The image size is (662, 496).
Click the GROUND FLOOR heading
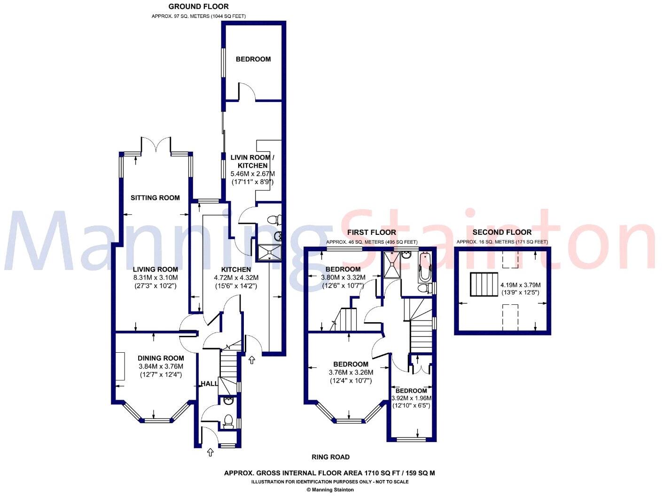198,7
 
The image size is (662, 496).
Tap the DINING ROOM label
161,358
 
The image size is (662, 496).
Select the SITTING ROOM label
155,198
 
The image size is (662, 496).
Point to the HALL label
209,384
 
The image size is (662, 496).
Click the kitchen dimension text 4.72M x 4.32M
236,278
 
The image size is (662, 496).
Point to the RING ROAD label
330,457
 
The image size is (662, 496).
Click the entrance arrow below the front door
210,452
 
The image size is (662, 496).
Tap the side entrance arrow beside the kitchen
252,360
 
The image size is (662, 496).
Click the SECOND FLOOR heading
502,232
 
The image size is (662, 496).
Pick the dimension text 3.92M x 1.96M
411,398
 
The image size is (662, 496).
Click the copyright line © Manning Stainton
330,489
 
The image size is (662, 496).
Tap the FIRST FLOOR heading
371,232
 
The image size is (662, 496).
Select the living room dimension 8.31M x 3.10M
155,278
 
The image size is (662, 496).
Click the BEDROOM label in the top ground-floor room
253,59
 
